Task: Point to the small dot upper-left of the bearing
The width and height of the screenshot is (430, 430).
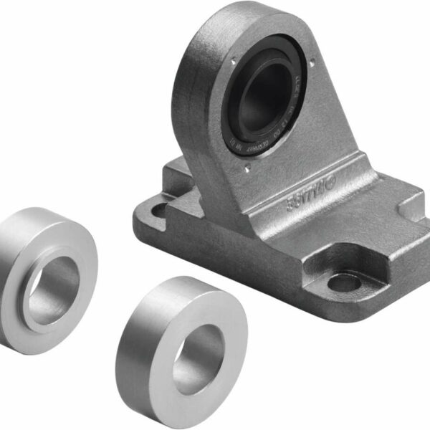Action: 234,63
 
